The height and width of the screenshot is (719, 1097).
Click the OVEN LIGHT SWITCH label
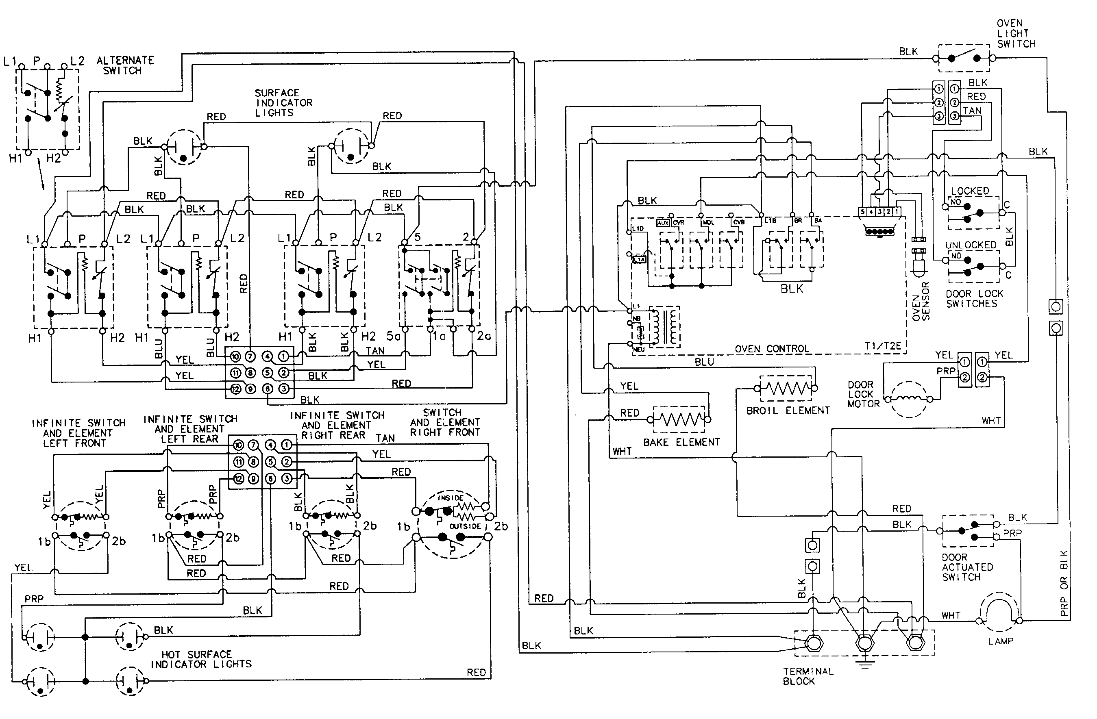[x=1015, y=34]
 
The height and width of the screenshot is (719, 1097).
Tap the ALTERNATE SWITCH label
[x=124, y=65]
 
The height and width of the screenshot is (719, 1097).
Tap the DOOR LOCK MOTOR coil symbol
[x=908, y=399]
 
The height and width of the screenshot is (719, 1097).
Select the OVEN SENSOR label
[x=921, y=301]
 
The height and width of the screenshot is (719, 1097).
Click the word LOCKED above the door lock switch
[x=969, y=191]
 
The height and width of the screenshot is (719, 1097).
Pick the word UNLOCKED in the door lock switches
[x=970, y=245]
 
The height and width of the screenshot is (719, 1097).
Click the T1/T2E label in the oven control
[x=882, y=345]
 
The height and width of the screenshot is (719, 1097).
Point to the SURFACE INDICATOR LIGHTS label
[x=283, y=103]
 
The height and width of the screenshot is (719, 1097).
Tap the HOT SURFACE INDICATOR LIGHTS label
[x=201, y=660]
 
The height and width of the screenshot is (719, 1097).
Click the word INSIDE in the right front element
[x=451, y=498]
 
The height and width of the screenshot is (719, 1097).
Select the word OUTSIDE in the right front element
[x=465, y=526]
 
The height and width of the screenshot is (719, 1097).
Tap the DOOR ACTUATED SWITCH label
[x=966, y=567]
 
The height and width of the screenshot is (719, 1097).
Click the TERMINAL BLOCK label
[x=808, y=676]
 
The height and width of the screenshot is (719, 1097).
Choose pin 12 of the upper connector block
[x=235, y=389]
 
